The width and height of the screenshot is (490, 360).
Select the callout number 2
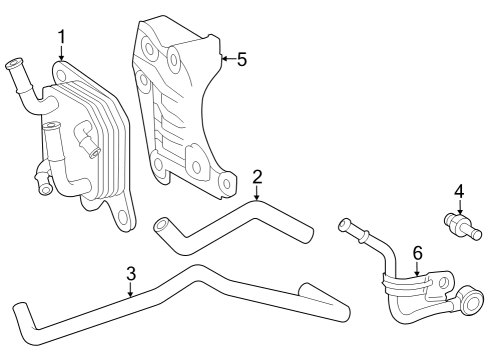coord(257,178)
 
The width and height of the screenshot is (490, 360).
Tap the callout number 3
coord(130,273)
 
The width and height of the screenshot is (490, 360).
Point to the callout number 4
coord(459,190)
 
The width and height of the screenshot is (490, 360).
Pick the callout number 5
coord(241,59)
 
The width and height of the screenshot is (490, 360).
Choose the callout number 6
coord(418,254)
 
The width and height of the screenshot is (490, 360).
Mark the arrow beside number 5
coord(226,59)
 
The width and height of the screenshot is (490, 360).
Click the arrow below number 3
coord(130,291)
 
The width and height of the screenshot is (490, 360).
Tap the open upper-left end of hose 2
coord(160,228)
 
